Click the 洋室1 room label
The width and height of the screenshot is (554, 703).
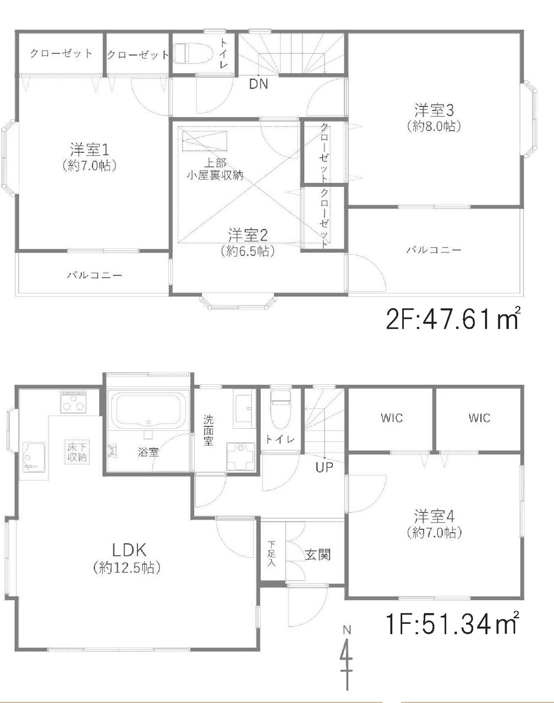point(89,150)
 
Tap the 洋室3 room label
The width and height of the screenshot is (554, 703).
point(434,110)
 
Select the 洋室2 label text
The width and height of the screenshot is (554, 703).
point(248,235)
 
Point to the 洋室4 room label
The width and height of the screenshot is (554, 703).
point(434,517)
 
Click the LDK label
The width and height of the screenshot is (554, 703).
point(129,550)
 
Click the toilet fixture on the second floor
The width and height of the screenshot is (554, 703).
point(194,53)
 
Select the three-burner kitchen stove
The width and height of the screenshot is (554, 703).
point(73,402)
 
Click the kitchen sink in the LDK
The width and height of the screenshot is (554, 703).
point(34,457)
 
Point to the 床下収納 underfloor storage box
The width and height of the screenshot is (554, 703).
point(77,452)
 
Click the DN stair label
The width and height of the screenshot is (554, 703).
point(259,84)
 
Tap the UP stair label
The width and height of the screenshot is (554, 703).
point(324,467)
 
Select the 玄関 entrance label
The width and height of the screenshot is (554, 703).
point(317,555)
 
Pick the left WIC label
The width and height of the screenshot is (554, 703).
point(392,418)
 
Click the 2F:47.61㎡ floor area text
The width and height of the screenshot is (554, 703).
point(453,318)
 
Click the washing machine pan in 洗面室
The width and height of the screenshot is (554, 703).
point(241,456)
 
